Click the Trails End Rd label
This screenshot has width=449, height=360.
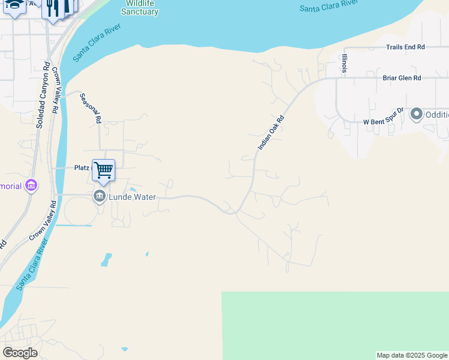click(405, 47)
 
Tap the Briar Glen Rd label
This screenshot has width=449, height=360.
click(402, 78)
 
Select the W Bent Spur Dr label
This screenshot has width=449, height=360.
click(385, 122)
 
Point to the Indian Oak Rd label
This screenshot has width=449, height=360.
click(270, 133)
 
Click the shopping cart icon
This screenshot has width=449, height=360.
click(103, 170)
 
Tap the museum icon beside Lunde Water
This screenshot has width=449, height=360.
click(99, 196)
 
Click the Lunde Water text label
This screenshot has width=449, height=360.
click(131, 197)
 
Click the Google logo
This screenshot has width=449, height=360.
click(20, 353)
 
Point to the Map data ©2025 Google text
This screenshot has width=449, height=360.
click(412, 356)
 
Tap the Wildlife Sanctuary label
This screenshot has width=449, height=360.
click(139, 8)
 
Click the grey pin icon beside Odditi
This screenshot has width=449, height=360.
click(416, 115)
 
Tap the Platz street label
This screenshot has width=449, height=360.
click(81, 169)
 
